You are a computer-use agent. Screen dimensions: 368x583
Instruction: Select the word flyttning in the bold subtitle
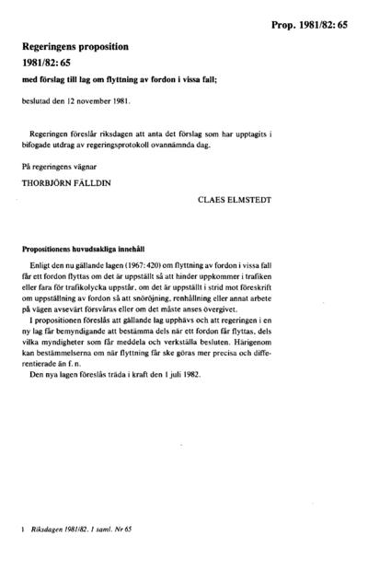tap(134, 78)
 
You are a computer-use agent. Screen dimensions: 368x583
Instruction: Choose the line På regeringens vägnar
tap(63, 166)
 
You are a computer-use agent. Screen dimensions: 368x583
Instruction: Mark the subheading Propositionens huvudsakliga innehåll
tap(84, 248)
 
